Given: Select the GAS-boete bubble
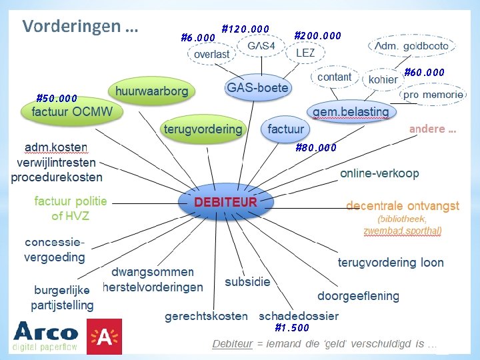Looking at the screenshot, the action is point(257,88).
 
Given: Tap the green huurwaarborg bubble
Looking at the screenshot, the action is point(151,90).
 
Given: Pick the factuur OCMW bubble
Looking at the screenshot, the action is point(72,111).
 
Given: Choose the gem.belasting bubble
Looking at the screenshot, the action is point(350,111).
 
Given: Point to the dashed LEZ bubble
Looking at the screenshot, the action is point(305,53).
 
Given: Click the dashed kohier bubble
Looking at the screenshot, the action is point(383,79).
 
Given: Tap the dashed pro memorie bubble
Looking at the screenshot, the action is point(433,95).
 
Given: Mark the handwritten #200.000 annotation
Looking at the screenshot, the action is point(317,35).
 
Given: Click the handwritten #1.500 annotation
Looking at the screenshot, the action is point(292,327).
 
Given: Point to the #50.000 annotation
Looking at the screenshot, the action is point(57,98).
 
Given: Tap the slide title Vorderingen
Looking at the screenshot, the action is point(80,27).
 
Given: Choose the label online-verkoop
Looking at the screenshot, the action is point(379,173).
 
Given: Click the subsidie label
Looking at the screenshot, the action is point(247,282).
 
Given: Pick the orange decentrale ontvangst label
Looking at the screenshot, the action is point(403,205).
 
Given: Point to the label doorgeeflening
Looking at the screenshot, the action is point(358,295).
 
